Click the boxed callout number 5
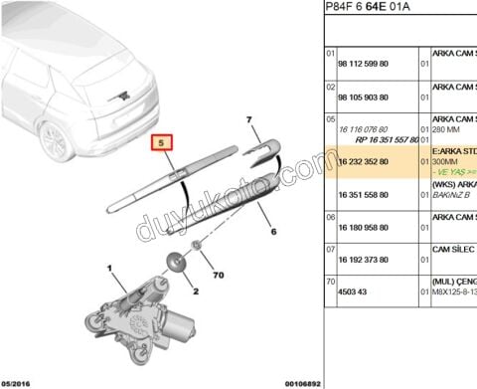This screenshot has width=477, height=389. click(162, 143)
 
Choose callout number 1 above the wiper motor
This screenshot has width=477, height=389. click(110, 267)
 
